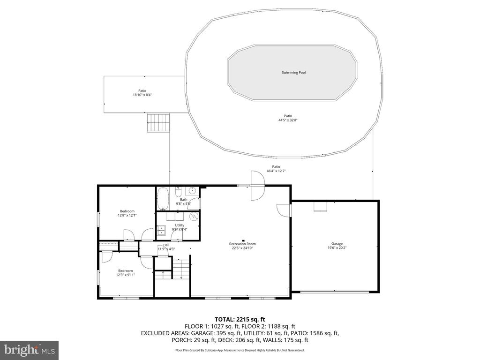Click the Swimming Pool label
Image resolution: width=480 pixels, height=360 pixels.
[x=293, y=73]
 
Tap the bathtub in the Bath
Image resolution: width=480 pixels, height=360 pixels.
[x=163, y=199]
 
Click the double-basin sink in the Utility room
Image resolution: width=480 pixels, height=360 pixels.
[x=161, y=230]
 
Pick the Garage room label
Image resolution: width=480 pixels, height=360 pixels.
[x=337, y=244]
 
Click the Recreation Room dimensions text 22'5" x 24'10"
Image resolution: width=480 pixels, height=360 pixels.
[x=242, y=248]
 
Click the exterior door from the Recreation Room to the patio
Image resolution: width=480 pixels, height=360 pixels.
[x=257, y=186]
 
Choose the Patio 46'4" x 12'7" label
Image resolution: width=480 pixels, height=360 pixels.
[x=276, y=169]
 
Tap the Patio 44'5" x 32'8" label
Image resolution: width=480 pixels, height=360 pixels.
[x=288, y=118]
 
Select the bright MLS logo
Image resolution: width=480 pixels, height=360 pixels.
[x=29, y=350]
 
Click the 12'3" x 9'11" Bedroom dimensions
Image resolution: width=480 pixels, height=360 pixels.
[x=126, y=275]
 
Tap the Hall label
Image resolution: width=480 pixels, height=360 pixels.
[x=166, y=245]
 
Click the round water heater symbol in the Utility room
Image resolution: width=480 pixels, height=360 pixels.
[x=194, y=217]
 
